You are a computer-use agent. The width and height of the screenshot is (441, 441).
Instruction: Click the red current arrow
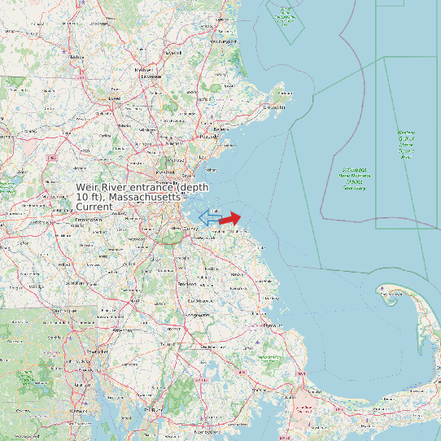point(230,219)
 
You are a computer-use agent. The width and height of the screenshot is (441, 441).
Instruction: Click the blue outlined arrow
point(210,216)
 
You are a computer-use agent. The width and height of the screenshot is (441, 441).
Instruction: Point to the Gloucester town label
point(275,107)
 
